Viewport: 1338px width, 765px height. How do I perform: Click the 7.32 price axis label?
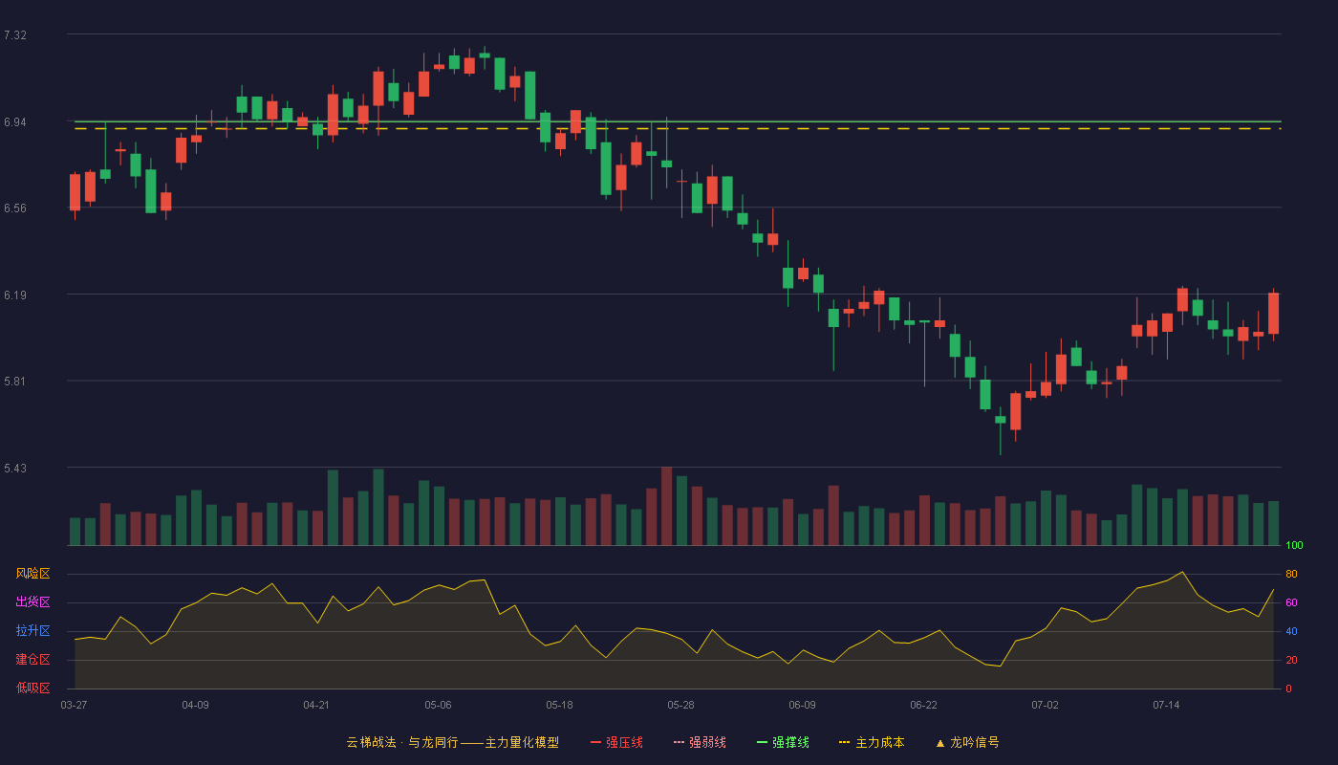(15, 35)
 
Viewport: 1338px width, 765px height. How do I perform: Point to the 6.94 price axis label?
(15, 122)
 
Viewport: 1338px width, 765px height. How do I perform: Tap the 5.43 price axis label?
(15, 469)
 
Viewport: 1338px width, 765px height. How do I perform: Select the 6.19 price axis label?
(15, 295)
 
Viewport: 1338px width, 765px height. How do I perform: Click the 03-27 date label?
(75, 706)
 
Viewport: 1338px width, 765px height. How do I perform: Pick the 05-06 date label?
(438, 706)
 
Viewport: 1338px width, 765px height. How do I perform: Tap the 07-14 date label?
(1166, 706)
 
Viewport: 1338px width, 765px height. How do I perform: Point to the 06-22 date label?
(923, 706)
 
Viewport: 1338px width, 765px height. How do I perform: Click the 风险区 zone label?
(32, 574)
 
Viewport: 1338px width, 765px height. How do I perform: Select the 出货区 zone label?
(32, 601)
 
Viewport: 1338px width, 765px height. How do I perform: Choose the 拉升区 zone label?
(32, 630)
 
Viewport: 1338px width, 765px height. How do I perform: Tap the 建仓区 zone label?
(32, 659)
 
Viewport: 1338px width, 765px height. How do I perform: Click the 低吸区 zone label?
(32, 688)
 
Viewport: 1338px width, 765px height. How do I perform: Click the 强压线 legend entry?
(616, 743)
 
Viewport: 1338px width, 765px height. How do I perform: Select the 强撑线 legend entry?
(783, 743)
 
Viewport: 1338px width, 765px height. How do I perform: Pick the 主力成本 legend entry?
(872, 743)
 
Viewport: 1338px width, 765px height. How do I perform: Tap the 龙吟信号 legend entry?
(967, 743)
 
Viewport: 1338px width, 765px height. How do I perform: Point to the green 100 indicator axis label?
(1294, 545)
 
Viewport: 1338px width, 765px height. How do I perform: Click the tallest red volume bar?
(667, 506)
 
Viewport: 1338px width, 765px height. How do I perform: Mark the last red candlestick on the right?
(1273, 314)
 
